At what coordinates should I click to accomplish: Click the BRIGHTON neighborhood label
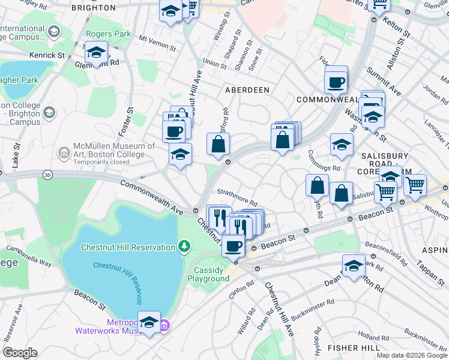tap(93, 8)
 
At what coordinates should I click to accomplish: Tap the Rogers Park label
tap(108, 34)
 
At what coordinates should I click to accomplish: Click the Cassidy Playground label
tap(208, 274)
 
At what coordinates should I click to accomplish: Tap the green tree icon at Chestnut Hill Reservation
tap(184, 247)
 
